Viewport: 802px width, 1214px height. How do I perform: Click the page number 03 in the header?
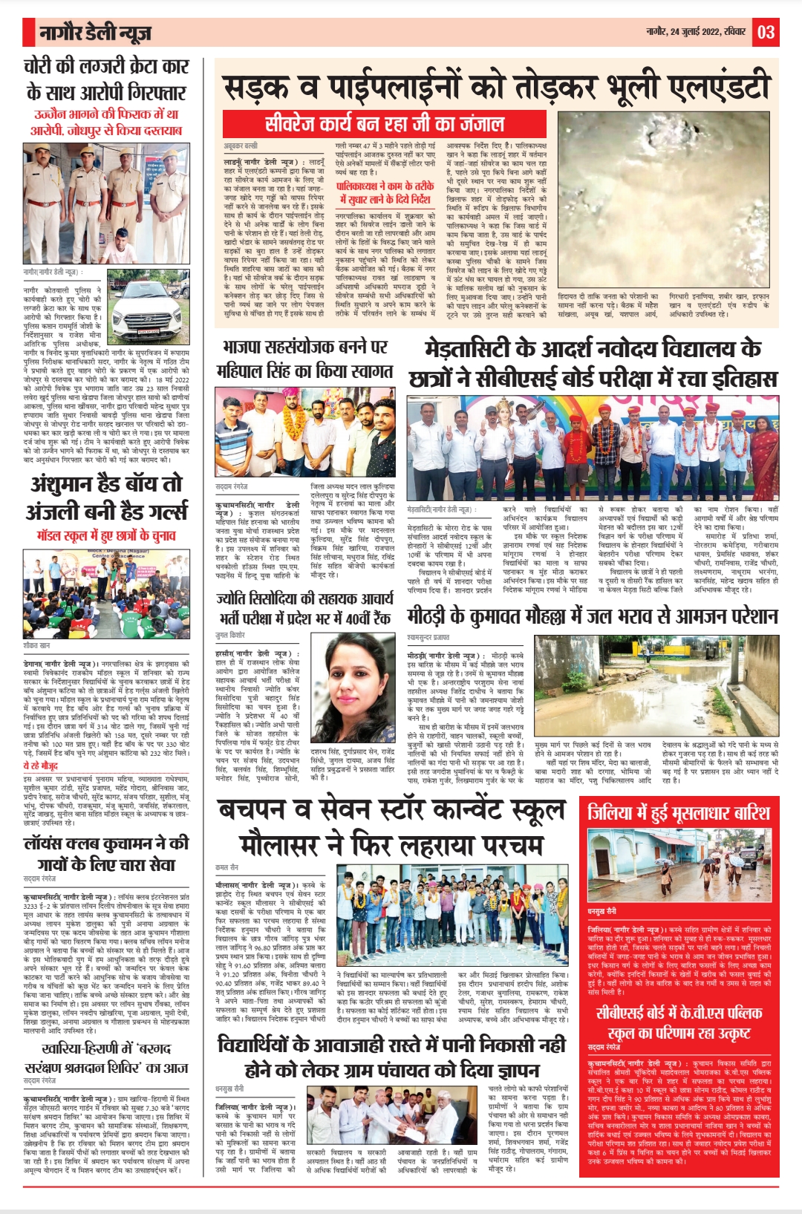point(766,33)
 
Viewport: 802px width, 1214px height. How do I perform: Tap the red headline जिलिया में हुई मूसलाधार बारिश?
point(679,813)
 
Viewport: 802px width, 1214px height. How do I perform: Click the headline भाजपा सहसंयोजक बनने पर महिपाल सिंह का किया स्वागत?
point(304,359)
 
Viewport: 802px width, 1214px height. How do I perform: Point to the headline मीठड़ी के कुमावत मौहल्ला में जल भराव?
point(592,617)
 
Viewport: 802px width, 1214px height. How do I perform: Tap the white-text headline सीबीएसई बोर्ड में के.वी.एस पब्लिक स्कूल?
point(679,1022)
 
